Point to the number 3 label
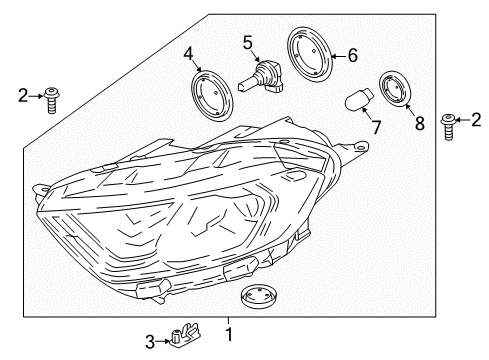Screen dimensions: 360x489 [150, 343]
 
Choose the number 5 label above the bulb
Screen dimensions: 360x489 [245, 42]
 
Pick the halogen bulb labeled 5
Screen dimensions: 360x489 [266, 77]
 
